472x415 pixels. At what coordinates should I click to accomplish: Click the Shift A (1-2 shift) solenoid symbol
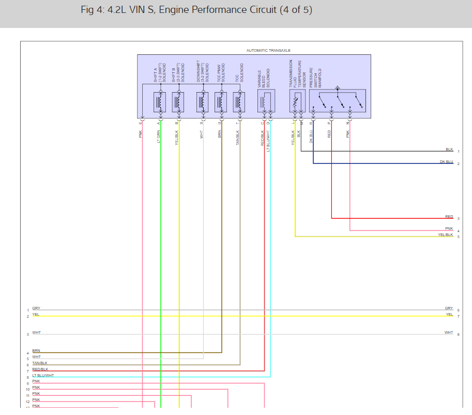pyautogui.click(x=160, y=102)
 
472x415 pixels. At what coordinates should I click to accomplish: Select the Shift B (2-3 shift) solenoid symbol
pyautogui.click(x=178, y=102)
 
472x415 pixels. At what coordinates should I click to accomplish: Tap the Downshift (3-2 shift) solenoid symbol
pyautogui.click(x=203, y=102)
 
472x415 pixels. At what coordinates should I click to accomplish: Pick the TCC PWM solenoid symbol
pyautogui.click(x=221, y=102)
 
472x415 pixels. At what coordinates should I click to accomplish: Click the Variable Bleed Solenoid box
pyautogui.click(x=266, y=101)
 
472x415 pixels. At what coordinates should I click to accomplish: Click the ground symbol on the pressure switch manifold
pyautogui.click(x=338, y=88)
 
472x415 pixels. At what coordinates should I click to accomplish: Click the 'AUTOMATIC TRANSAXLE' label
pyautogui.click(x=268, y=51)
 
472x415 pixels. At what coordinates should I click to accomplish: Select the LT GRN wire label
pyautogui.click(x=159, y=136)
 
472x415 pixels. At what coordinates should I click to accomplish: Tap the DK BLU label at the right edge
pyautogui.click(x=446, y=162)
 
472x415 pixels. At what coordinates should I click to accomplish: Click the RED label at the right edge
pyautogui.click(x=449, y=217)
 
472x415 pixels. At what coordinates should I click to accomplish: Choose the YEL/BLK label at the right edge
pyautogui.click(x=445, y=235)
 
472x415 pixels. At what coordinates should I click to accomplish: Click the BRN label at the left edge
pyautogui.click(x=36, y=351)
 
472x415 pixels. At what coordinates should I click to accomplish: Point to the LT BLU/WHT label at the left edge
pyautogui.click(x=43, y=376)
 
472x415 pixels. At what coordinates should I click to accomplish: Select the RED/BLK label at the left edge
pyautogui.click(x=40, y=369)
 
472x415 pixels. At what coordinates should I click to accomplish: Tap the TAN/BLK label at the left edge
pyautogui.click(x=40, y=363)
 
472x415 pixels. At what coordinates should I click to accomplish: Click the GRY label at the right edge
pyautogui.click(x=449, y=308)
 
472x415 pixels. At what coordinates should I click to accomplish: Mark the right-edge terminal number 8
pyautogui.click(x=458, y=335)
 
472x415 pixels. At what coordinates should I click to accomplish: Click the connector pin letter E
pyautogui.click(x=140, y=123)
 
